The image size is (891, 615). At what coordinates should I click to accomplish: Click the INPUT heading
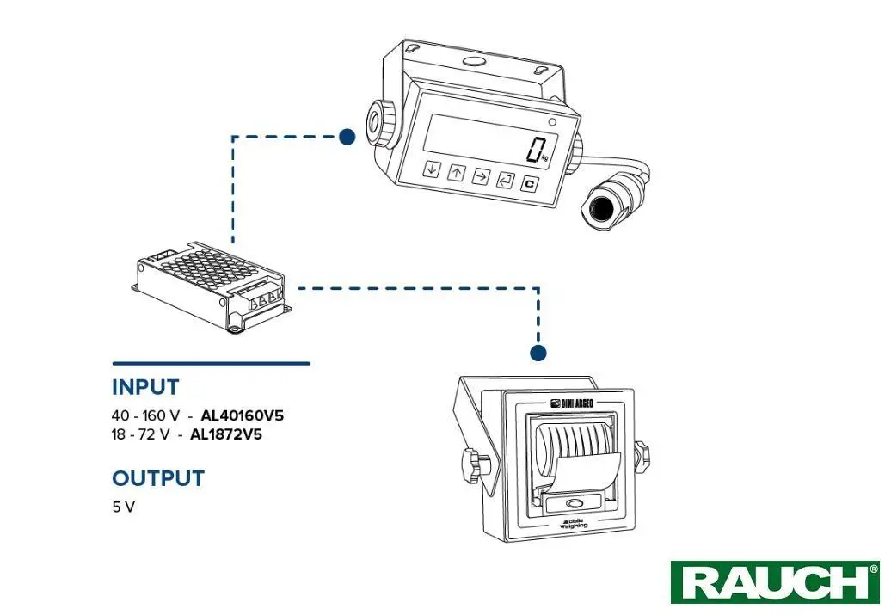coord(145,387)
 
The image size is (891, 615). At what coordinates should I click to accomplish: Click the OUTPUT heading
coord(158,478)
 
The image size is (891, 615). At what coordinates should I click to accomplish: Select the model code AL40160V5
coord(242,416)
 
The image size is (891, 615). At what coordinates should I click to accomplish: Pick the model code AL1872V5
coord(225,434)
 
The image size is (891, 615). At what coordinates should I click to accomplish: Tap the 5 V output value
coord(123,507)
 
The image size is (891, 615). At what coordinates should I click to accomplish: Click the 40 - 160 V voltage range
coord(146,416)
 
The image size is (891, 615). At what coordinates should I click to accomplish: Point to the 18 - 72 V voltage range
coord(140,434)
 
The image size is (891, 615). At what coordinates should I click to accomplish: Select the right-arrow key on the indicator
coord(481,176)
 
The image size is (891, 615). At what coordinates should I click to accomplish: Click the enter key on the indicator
coord(506,181)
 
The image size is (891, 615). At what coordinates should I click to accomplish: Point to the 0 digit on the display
coord(537,150)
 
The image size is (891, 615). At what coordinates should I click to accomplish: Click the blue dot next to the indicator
coord(347,136)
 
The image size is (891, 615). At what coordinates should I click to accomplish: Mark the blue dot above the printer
coord(538,353)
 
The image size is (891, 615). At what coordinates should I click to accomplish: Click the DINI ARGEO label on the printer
coord(573,402)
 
